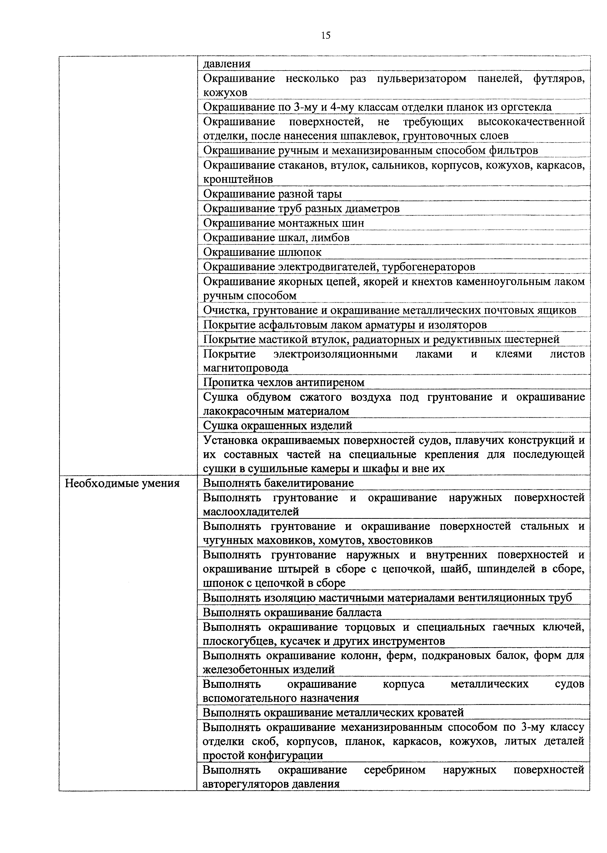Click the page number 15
(326, 36)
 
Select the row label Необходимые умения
(122, 483)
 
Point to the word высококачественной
(531, 122)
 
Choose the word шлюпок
(300, 252)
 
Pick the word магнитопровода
(246, 368)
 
